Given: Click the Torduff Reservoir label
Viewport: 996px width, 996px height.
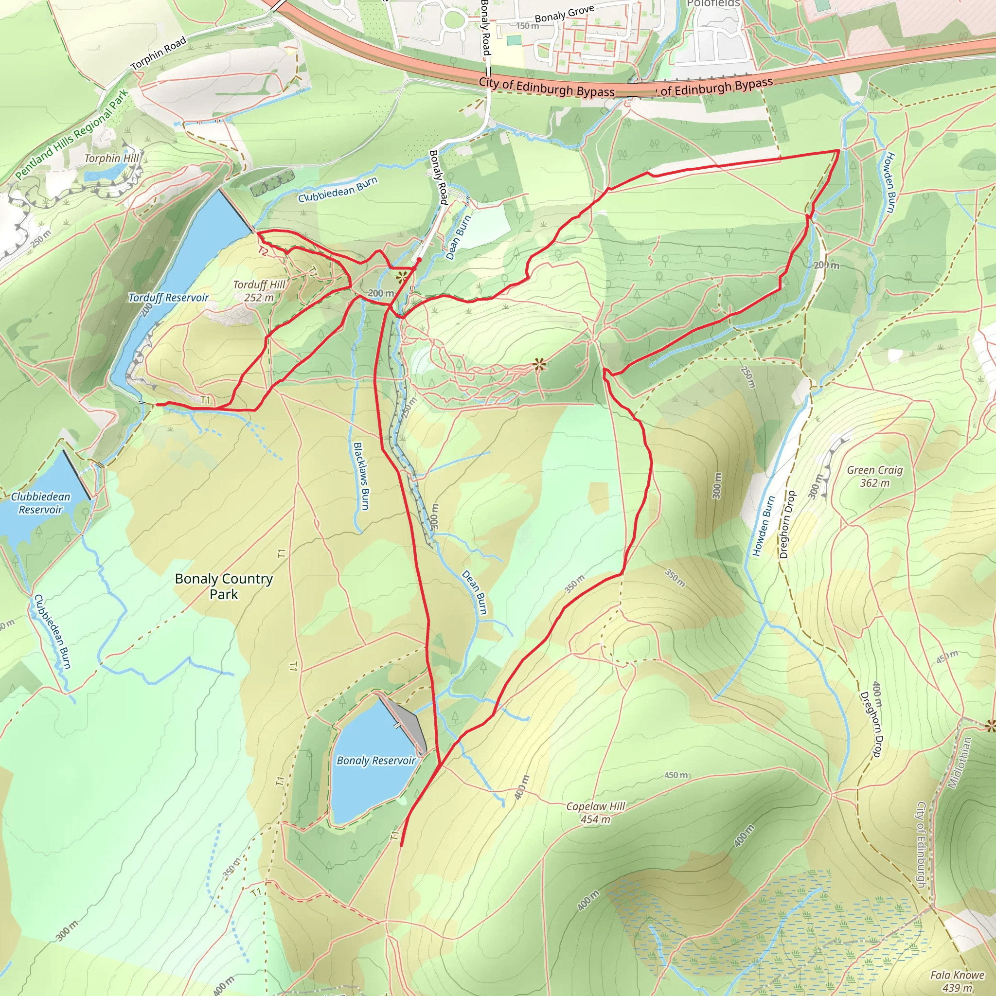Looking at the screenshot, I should tap(169, 298).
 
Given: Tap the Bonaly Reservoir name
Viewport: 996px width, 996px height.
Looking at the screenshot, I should tap(376, 761).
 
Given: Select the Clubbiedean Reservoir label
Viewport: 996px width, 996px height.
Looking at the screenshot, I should tap(40, 503).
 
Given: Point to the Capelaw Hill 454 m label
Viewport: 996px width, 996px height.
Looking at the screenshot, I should tap(595, 813).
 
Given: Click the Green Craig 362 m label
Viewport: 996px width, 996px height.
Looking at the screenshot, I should tap(875, 476).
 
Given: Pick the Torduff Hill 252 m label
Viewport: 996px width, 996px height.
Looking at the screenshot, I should tap(259, 291).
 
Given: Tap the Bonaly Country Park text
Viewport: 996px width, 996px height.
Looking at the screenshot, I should tap(224, 586).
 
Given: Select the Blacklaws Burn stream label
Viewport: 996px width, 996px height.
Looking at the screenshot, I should tap(361, 476).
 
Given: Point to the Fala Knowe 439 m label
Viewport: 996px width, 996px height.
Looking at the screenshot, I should tap(957, 981).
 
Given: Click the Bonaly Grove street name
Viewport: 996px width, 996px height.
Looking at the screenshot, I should tap(564, 14).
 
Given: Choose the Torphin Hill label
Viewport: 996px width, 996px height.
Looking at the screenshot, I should tap(112, 158).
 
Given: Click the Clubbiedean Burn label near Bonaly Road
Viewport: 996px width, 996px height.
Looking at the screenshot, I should tap(338, 189).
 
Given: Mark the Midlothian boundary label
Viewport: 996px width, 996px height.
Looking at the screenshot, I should tap(960, 763).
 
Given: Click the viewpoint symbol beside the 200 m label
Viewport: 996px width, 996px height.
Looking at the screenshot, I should tap(402, 278).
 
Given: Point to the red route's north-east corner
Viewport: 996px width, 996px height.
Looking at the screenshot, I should tap(839, 151).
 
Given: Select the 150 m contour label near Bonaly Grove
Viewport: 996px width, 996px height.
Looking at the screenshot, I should tap(527, 26).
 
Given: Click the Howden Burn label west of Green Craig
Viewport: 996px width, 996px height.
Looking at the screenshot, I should tap(764, 526).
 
